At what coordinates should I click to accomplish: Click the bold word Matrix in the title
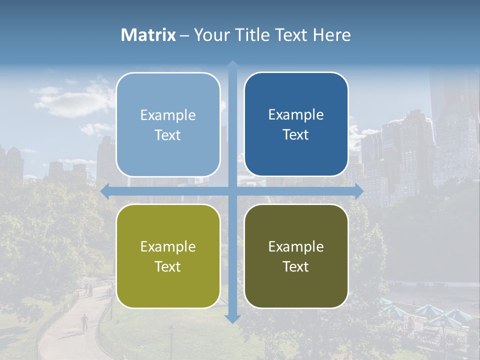[x=148, y=35]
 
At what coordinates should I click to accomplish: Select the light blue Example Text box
[x=168, y=124]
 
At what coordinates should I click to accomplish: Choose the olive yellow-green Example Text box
[x=168, y=256]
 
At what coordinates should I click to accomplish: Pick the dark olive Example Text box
[x=296, y=256]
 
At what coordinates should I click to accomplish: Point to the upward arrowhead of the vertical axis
[x=232, y=65]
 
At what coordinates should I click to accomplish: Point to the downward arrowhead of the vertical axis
[x=232, y=318]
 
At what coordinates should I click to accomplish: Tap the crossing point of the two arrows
[x=232, y=191]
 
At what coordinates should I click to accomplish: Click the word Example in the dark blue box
[x=296, y=114]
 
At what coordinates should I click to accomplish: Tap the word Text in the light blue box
[x=168, y=135]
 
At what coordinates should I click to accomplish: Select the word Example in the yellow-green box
[x=168, y=246]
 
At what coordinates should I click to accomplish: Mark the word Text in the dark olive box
[x=296, y=266]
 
